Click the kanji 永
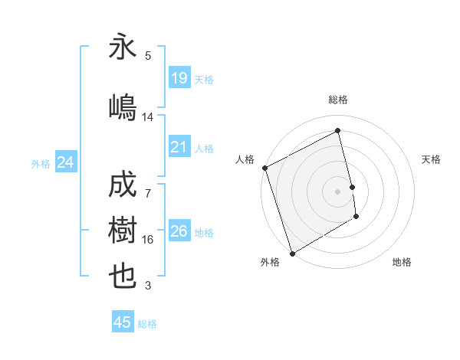coord(123,48)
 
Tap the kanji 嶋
coord(123,108)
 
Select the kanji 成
coord(123,185)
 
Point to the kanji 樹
coord(123,231)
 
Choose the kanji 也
coord(123,277)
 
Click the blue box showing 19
coord(179,78)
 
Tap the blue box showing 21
coord(179,147)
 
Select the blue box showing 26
coord(179,231)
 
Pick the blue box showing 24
coord(65,162)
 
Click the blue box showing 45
coord(123,322)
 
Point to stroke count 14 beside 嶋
coord(147,117)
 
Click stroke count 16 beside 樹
coord(147,240)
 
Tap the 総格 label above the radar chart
coord(337,100)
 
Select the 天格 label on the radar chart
coord(432,159)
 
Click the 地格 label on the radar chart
coord(402,262)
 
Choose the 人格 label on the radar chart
coord(245,159)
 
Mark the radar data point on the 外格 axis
coord(291,253)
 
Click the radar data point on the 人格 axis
coord(264,168)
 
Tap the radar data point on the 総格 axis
coord(337,132)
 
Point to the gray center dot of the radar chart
coord(337,191)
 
